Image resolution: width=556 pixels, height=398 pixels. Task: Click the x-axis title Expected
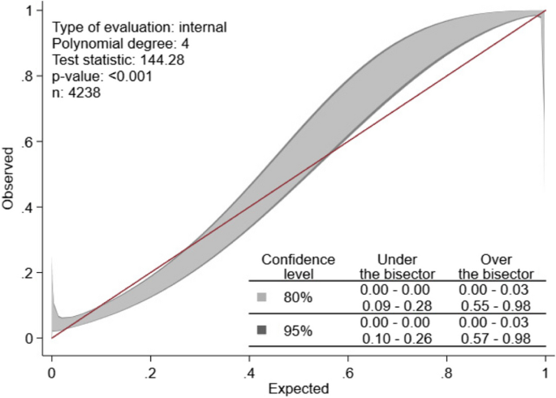(x=297, y=388)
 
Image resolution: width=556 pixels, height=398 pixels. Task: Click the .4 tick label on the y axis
(x=29, y=207)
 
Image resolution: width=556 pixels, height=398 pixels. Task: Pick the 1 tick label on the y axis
(x=32, y=11)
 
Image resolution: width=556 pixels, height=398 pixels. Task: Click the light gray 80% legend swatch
(x=262, y=297)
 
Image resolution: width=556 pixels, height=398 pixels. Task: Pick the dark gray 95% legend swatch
(x=262, y=330)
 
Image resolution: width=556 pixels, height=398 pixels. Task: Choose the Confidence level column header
(x=298, y=266)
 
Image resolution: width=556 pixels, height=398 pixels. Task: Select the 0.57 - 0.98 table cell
(x=495, y=337)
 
